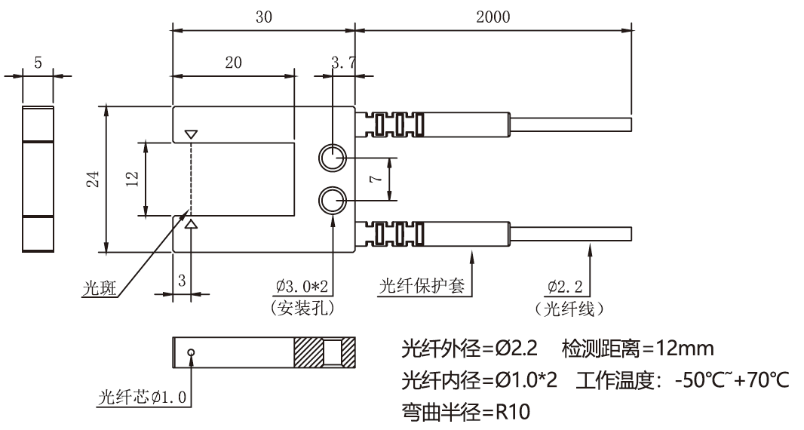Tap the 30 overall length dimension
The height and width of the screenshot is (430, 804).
pos(263,17)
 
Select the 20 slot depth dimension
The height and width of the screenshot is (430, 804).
pos(233,63)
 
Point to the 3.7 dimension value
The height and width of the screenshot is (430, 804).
pos(343,63)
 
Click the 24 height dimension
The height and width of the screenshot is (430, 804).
pos(92,179)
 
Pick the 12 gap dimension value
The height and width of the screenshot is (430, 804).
pos(132,179)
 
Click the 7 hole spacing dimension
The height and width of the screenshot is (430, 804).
pos(375,180)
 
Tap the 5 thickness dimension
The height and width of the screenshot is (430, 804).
pos(38,63)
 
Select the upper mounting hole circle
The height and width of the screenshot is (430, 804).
pos(332,158)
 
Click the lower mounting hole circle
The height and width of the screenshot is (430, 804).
pos(332,201)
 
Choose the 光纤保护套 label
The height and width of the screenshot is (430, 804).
pos(422,287)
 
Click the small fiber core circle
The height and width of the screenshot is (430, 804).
pos(192,352)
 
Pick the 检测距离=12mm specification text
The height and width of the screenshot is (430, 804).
pos(638,349)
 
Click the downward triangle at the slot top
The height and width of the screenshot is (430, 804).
pos(191,134)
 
